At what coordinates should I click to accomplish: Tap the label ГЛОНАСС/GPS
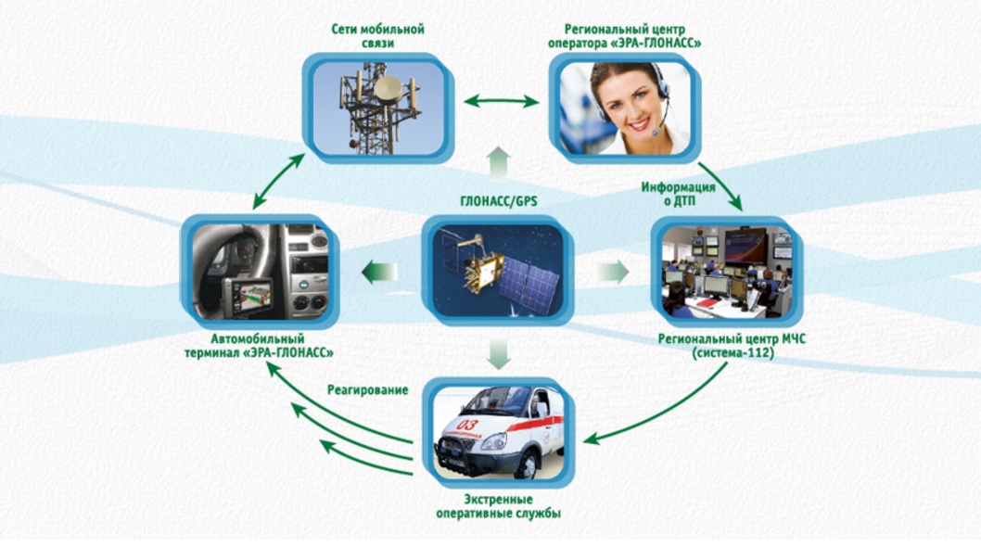click(x=498, y=200)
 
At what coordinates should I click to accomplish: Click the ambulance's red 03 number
click(x=466, y=425)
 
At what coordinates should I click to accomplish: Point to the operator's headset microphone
click(x=656, y=131)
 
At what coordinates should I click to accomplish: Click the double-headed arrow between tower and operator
click(x=501, y=101)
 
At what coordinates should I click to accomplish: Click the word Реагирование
click(x=367, y=390)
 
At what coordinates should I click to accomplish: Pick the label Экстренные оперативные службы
click(x=498, y=506)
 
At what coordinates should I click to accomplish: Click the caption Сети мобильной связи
click(x=377, y=35)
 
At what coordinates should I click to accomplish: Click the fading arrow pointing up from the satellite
click(x=499, y=162)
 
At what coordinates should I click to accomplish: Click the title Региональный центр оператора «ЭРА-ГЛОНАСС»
click(x=632, y=35)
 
